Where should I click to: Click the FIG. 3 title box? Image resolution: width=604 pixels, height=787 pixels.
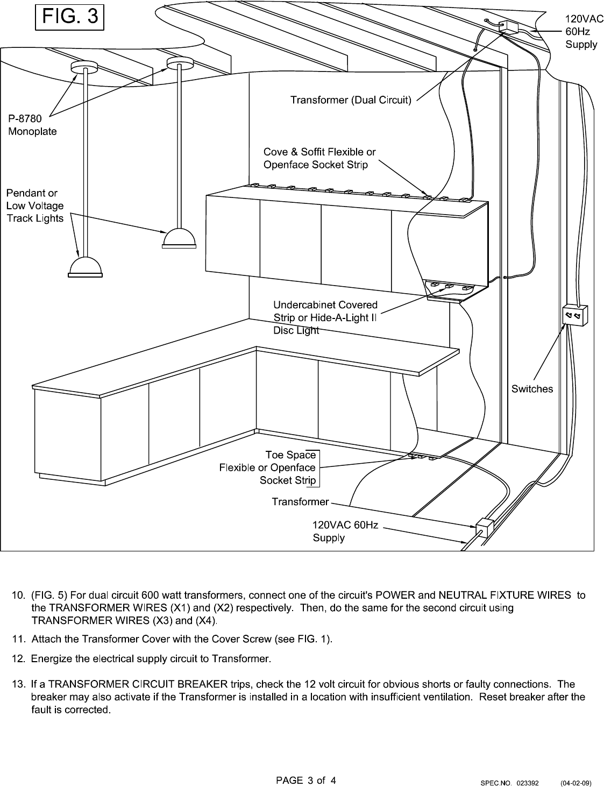click(x=69, y=17)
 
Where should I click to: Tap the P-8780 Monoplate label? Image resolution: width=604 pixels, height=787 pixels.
click(x=32, y=125)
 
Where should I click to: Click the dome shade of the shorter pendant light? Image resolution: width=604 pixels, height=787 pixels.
click(x=179, y=239)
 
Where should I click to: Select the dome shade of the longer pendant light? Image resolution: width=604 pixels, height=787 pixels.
click(x=85, y=267)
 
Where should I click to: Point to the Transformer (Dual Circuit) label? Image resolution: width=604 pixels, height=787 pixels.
click(x=351, y=100)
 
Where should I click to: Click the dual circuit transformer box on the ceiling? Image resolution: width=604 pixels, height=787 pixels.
click(x=508, y=27)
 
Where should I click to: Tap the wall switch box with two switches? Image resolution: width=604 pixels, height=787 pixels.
click(x=574, y=315)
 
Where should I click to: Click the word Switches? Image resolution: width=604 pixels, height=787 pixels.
click(x=532, y=389)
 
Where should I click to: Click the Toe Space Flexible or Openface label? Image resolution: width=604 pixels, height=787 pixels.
click(x=268, y=467)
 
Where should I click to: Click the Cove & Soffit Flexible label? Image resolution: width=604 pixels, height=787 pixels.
click(x=319, y=158)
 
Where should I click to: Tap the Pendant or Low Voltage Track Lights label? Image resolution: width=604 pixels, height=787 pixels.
click(x=35, y=205)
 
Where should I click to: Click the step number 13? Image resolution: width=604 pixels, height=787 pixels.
click(x=18, y=684)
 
